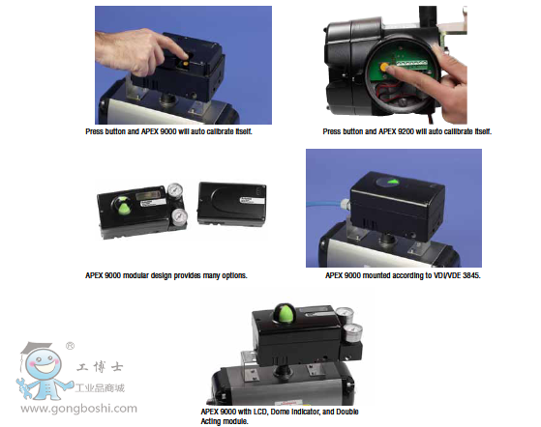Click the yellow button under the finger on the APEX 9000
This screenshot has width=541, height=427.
tap(186, 64)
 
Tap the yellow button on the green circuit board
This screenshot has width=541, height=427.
tap(383, 68)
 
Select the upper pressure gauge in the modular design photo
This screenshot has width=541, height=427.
tap(175, 190)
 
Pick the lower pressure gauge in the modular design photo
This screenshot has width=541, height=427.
tap(179, 216)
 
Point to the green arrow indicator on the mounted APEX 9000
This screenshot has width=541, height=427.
tap(392, 182)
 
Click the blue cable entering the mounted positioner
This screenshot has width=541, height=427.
tap(325, 205)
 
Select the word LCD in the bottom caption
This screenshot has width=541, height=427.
tap(261, 412)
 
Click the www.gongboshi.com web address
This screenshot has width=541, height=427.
tap(78, 409)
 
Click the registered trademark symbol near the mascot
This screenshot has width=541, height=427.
tap(70, 346)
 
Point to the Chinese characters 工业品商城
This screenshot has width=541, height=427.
tap(100, 388)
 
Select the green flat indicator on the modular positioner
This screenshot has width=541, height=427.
tap(124, 208)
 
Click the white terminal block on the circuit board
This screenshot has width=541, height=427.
tap(412, 64)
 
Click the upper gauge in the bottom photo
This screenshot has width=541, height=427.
tap(345, 314)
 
